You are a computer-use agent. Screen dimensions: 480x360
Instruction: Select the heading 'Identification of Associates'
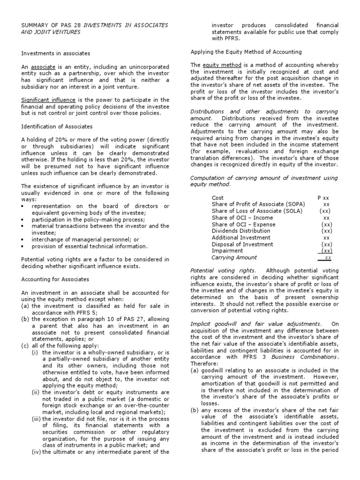[x=57, y=127]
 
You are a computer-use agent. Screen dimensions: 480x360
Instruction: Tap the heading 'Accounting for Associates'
[x=55, y=279]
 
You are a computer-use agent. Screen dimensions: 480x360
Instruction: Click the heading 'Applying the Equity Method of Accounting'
[x=246, y=52]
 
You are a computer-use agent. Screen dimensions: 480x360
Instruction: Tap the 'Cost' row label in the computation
[x=218, y=198]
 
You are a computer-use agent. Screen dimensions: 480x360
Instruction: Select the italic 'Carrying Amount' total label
[x=234, y=257]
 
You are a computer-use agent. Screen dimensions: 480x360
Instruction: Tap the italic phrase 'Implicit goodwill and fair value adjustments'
[x=255, y=323]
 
